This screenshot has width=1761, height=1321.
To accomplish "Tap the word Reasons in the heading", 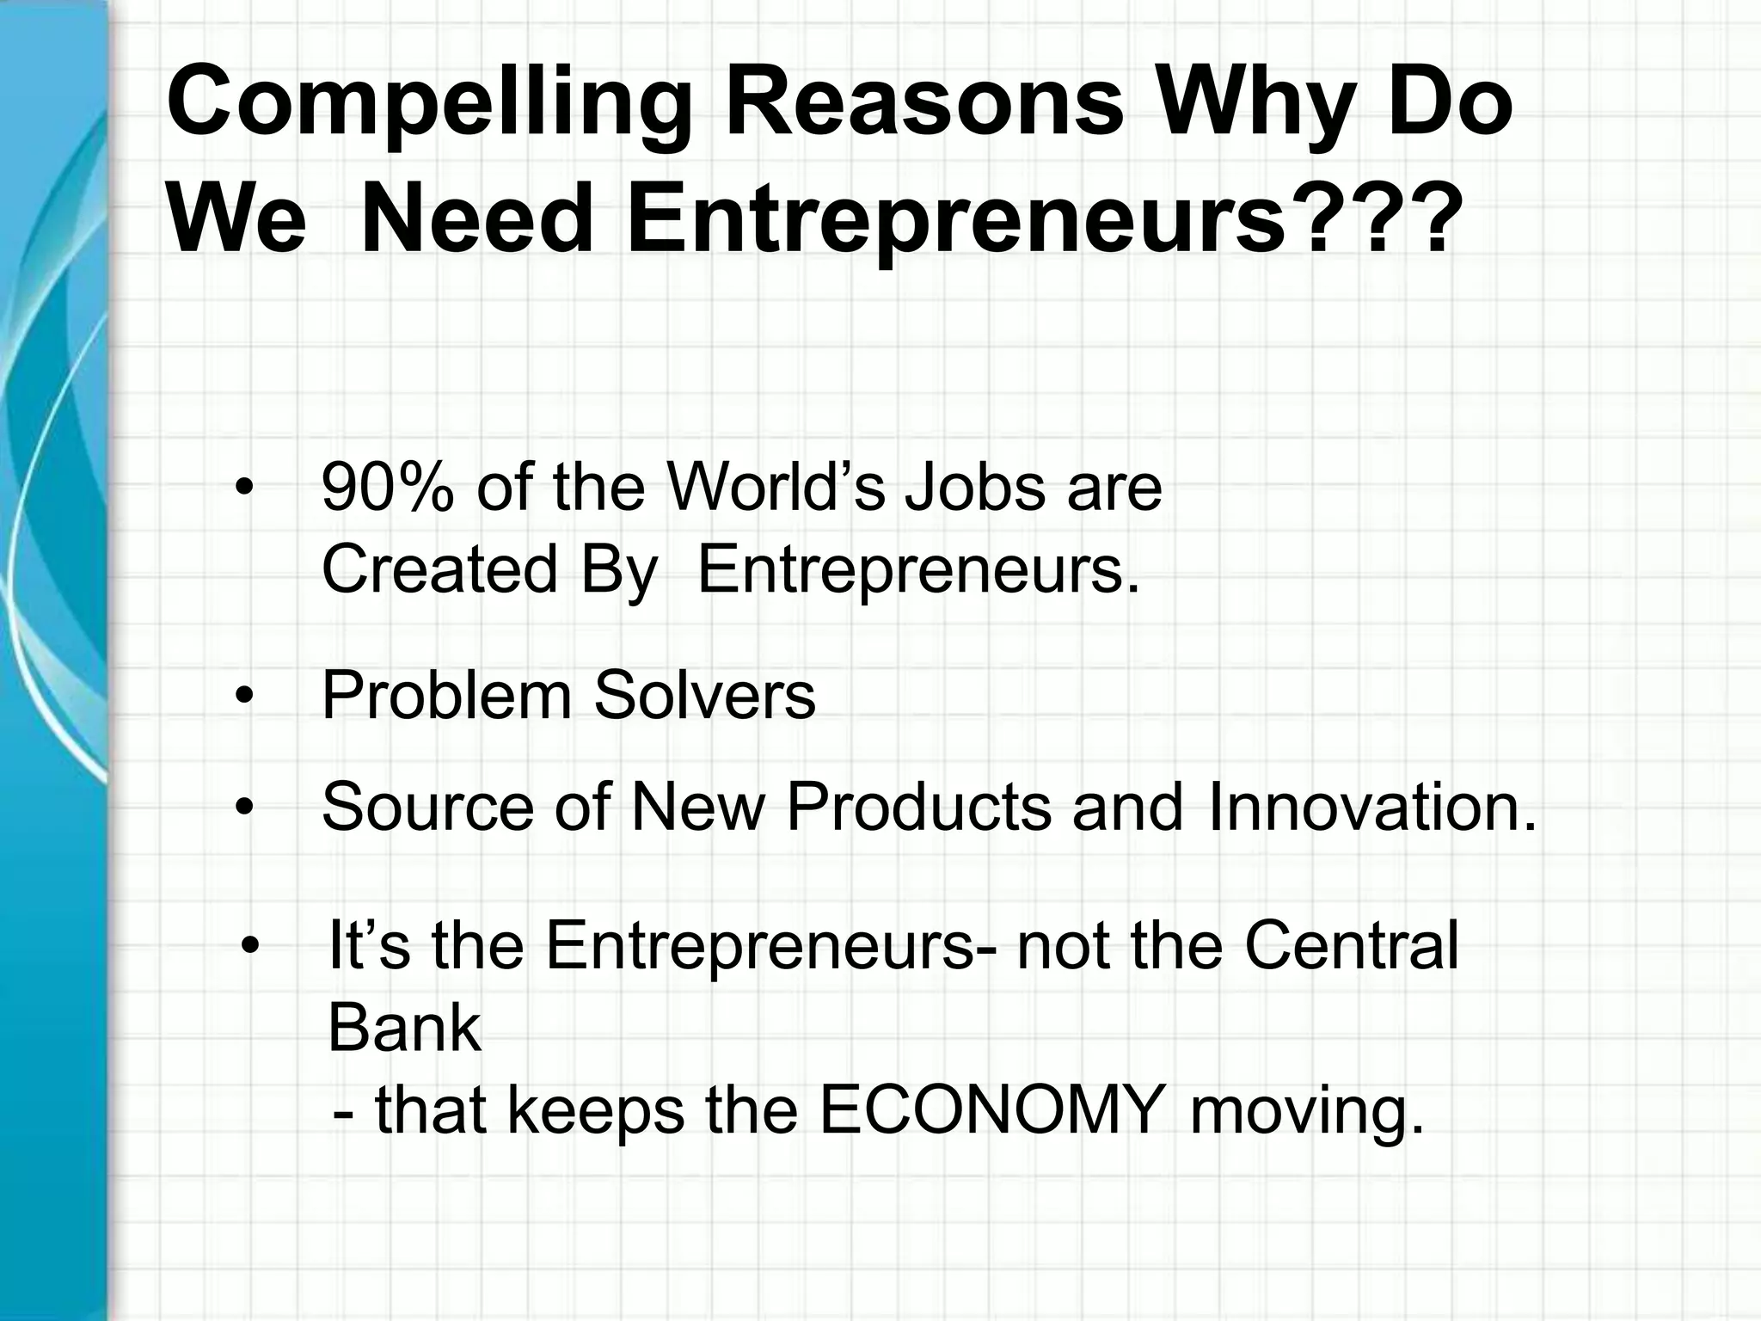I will tap(924, 103).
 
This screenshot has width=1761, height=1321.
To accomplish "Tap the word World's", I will tap(776, 488).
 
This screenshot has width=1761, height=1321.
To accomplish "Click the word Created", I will tap(439, 569).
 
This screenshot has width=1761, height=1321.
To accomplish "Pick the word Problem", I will tap(446, 696).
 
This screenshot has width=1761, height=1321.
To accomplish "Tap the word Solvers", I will tap(704, 696).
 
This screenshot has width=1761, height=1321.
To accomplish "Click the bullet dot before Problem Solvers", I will tap(245, 697).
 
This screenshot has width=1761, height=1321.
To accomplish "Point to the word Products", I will tap(918, 808).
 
